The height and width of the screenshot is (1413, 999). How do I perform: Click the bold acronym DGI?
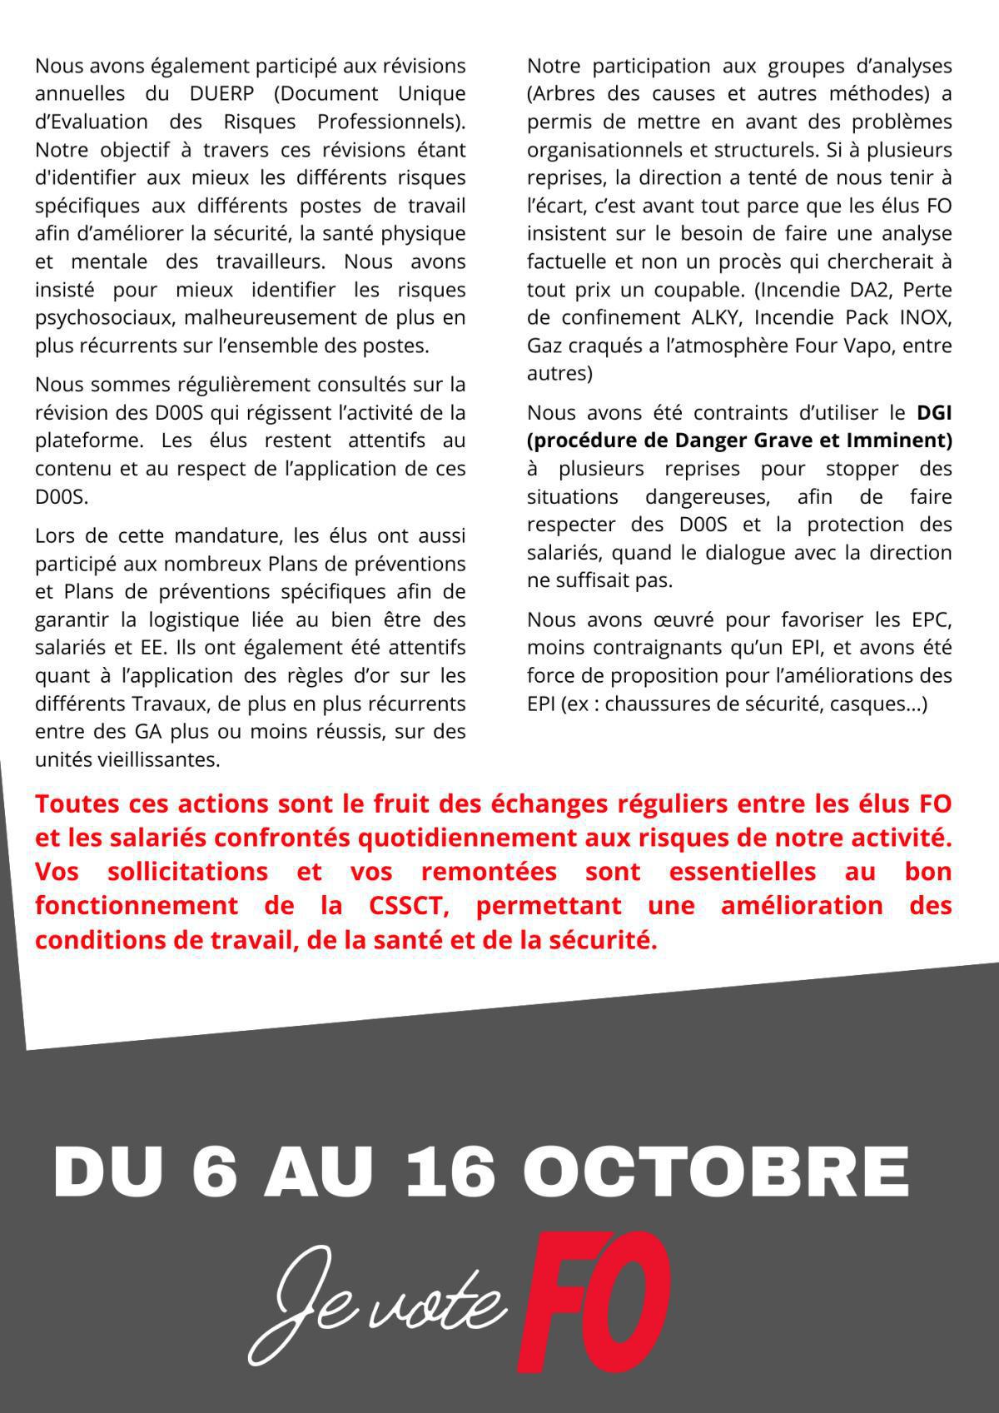tap(934, 412)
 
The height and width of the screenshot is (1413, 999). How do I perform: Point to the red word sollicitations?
tap(187, 872)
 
